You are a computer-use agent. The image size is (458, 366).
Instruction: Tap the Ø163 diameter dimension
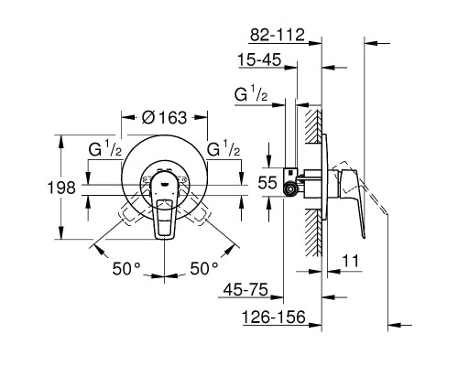pyautogui.click(x=165, y=117)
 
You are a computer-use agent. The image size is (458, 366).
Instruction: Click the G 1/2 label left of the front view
pyautogui.click(x=105, y=150)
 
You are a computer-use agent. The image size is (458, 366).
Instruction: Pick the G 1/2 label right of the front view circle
pyautogui.click(x=225, y=150)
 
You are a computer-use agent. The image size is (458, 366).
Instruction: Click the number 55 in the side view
pyautogui.click(x=267, y=183)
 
